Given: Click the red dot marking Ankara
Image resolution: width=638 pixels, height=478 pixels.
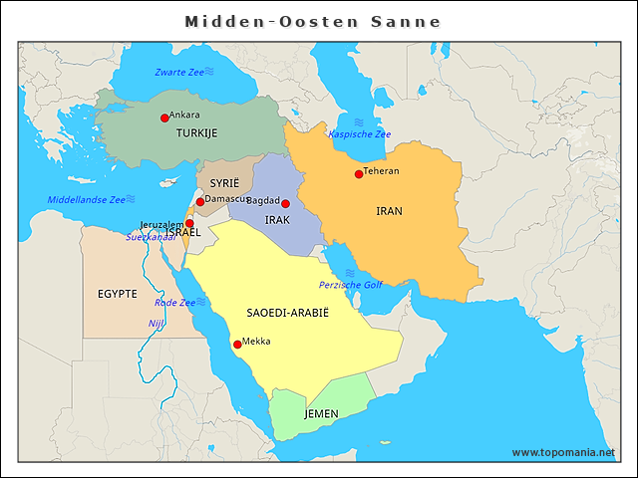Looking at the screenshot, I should (x=164, y=118).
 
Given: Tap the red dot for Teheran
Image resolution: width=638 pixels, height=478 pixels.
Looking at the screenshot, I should (x=359, y=174).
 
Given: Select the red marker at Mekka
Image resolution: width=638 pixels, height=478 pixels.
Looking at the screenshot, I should (x=237, y=345).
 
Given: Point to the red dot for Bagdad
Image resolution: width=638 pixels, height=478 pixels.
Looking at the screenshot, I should (x=285, y=203).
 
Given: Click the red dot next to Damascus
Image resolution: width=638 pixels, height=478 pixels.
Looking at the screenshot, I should (x=200, y=202).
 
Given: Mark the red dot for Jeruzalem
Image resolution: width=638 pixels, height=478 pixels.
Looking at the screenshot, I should (x=189, y=224).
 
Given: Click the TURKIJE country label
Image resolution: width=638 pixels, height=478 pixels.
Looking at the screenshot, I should (x=196, y=133).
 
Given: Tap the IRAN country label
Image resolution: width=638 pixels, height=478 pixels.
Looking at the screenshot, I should (x=390, y=211).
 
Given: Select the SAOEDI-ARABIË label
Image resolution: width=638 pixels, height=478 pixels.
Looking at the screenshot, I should (x=287, y=313).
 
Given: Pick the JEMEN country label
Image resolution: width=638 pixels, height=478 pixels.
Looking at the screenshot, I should (x=321, y=413).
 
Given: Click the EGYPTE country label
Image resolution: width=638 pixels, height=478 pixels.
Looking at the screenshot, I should (x=118, y=294).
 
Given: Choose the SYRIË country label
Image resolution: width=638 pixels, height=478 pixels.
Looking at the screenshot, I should (x=224, y=183).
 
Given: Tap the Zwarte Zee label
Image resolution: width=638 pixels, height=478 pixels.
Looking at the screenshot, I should (x=179, y=73).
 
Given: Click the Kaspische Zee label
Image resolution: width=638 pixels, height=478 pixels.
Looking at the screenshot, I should (x=360, y=134).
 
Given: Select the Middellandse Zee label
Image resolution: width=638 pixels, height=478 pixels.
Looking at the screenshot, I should (x=86, y=200).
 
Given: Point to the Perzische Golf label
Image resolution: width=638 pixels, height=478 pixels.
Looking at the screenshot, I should (x=351, y=285).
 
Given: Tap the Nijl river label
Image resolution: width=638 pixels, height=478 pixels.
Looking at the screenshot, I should (x=156, y=324).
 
